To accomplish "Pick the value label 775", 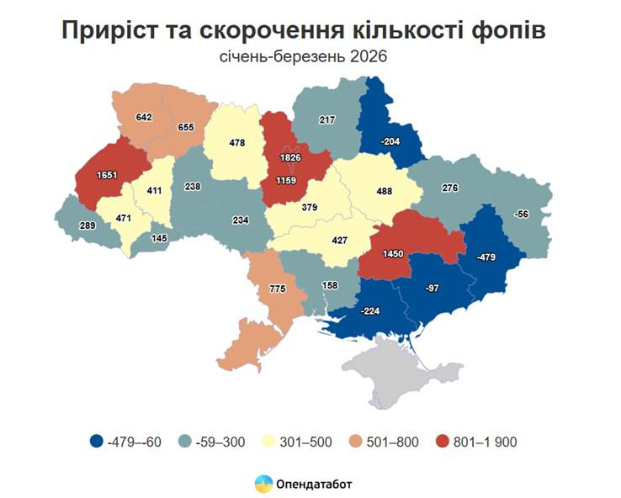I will [278, 289].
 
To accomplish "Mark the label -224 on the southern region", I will [372, 310].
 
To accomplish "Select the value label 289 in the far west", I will [84, 226].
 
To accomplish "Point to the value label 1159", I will [286, 179].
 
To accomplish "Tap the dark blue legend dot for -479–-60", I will [98, 441].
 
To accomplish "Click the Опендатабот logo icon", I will [263, 484].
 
